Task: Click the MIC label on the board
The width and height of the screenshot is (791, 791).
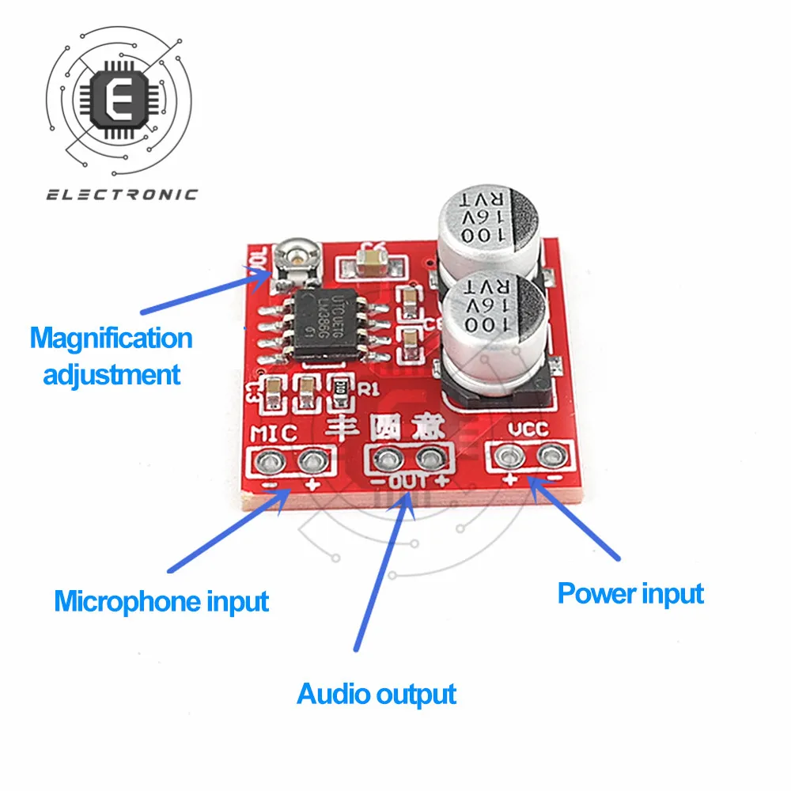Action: pos(273,433)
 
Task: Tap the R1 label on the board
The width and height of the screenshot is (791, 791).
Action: pos(370,388)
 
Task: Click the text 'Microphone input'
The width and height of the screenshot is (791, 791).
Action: pos(161,601)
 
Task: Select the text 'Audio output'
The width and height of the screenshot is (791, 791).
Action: pos(377,694)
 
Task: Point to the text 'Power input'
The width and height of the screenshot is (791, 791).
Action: pos(630,593)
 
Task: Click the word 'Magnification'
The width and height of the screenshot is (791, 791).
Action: pos(112,339)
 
